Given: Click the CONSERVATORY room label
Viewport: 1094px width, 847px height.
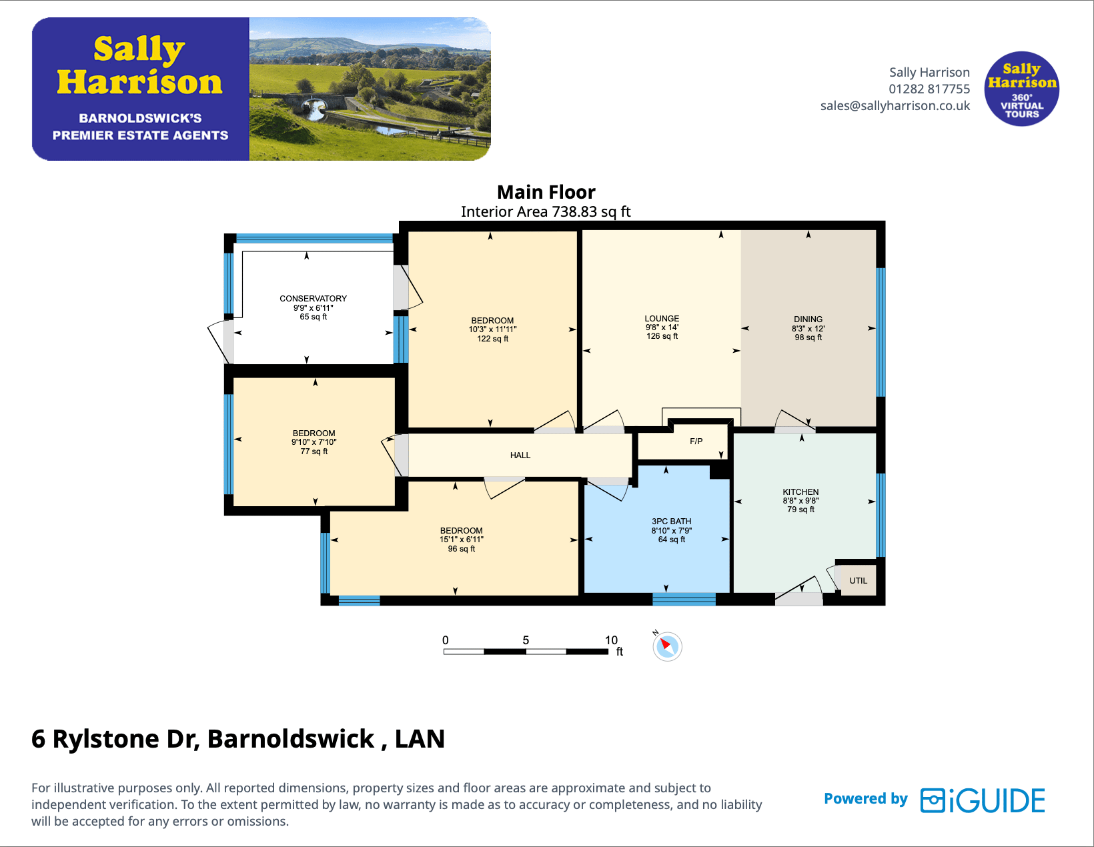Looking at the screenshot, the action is (313, 298).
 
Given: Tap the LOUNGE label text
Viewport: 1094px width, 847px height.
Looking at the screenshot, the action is (662, 319).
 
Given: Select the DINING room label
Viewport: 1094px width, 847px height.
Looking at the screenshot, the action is (808, 319).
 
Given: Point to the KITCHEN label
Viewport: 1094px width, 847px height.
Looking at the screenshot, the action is (800, 492).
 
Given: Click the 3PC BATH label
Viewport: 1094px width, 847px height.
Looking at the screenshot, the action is (671, 522).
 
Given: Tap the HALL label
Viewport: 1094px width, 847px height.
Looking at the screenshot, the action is (520, 456).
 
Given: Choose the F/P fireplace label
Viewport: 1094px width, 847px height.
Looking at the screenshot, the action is (696, 442).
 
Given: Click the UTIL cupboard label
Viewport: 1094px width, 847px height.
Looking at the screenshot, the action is (859, 581).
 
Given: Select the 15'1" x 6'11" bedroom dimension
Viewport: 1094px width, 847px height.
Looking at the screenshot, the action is (461, 540).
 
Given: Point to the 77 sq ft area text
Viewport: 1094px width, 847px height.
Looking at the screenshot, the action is (314, 452).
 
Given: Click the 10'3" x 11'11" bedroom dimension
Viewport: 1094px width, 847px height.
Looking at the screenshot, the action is (492, 329).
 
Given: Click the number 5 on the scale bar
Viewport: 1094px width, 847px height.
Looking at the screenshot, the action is (526, 640).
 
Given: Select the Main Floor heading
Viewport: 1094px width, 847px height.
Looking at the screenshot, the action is (546, 192).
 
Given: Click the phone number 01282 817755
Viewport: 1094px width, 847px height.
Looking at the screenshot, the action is (929, 89).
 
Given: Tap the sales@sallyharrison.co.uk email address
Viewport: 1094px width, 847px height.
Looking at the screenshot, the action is (895, 105).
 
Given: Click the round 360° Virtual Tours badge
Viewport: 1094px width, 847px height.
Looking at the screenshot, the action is (1021, 89).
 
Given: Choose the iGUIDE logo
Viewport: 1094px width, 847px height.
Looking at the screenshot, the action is (982, 800).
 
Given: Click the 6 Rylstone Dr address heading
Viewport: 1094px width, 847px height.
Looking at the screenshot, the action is (238, 739).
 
